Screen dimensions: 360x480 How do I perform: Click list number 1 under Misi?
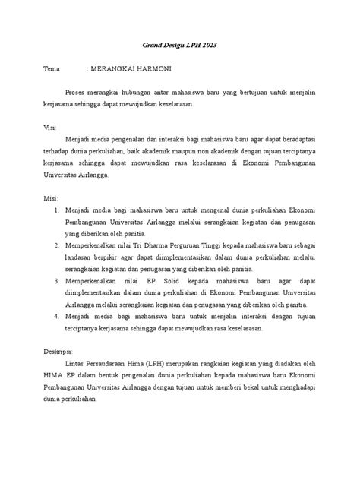click(55, 210)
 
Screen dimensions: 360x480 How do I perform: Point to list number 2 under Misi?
click(55, 245)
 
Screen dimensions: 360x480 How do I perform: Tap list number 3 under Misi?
click(55, 281)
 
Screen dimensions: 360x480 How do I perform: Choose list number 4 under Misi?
click(55, 317)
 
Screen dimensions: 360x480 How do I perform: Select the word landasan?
click(84, 257)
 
